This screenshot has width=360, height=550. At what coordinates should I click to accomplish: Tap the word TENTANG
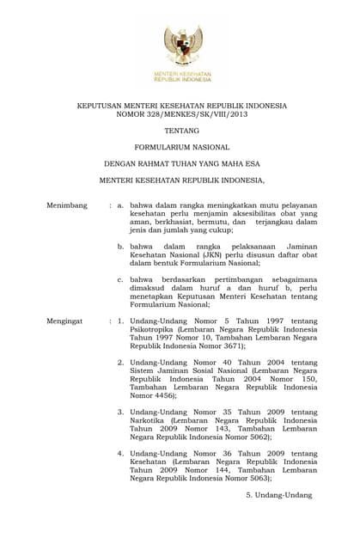181,131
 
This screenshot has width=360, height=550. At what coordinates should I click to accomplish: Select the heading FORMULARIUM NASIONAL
181,147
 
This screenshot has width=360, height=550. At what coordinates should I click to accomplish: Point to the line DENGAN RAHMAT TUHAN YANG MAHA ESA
181,163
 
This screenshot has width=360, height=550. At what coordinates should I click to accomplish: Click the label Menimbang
67,205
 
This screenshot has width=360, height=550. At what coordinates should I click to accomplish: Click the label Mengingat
65,321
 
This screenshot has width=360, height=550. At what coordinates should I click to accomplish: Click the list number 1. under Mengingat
122,321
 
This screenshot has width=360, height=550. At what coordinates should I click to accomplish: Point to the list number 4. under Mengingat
122,453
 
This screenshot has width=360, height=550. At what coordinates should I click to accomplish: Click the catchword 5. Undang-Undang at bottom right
278,495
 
